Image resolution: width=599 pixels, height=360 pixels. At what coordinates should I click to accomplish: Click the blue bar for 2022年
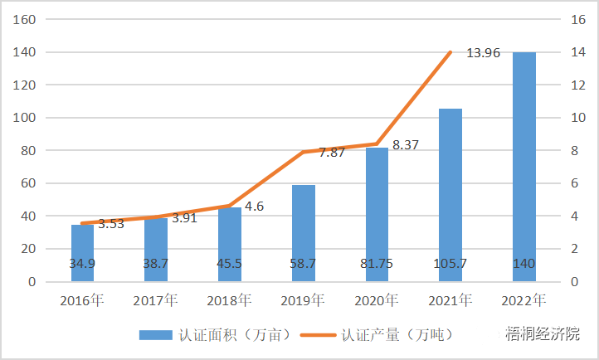click(x=524, y=166)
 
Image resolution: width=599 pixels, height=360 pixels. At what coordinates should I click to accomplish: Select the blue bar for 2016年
click(x=82, y=252)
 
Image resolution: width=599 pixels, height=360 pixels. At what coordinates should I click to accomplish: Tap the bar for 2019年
click(x=303, y=232)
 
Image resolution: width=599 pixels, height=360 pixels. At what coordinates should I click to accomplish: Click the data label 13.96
click(x=483, y=53)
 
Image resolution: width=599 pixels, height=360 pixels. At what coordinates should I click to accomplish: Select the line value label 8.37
click(x=406, y=144)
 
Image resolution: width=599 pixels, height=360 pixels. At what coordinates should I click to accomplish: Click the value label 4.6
click(x=255, y=206)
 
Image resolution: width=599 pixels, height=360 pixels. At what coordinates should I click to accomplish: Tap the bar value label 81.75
click(x=377, y=264)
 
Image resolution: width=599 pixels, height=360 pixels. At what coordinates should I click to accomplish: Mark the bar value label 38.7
click(x=156, y=264)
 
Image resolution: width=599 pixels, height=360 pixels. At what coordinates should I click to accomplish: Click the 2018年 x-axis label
click(x=229, y=299)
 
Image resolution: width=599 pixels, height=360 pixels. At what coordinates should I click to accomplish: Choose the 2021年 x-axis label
click(x=450, y=299)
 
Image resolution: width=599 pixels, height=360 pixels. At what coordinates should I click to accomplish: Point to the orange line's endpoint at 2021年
click(x=450, y=53)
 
